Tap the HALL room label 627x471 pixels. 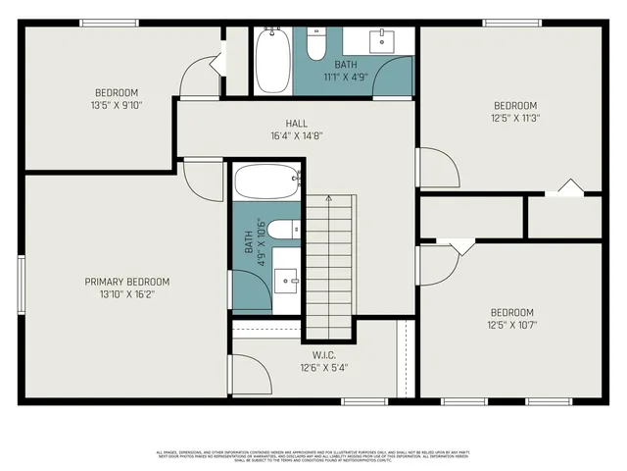[x=297, y=123]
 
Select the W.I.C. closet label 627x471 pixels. [x=324, y=355]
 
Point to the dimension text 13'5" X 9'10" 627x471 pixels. [x=117, y=106]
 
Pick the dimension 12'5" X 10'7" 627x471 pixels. [x=512, y=325]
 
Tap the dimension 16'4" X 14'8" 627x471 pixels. [x=297, y=135]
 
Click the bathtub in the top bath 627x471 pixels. [x=271, y=60]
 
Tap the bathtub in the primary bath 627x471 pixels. [x=266, y=183]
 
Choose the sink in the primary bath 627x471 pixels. [x=288, y=280]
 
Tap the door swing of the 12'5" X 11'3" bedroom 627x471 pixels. [x=438, y=168]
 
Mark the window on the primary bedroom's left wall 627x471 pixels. [x=20, y=283]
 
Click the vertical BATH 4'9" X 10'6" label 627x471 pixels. [x=253, y=242]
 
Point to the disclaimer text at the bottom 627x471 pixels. [x=313, y=455]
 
